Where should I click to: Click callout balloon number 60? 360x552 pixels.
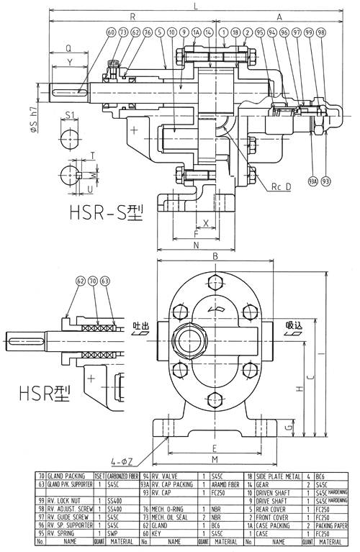click(111, 32)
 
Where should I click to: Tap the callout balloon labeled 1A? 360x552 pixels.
click(196, 32)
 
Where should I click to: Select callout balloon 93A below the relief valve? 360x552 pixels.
click(312, 180)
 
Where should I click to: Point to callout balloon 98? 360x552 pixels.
click(320, 32)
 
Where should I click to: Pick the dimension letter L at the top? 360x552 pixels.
click(196, 6)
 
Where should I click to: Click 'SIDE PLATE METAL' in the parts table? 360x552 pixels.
click(275, 476)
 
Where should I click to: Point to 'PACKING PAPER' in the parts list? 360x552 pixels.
click(333, 525)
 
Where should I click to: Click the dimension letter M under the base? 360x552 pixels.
click(214, 458)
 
